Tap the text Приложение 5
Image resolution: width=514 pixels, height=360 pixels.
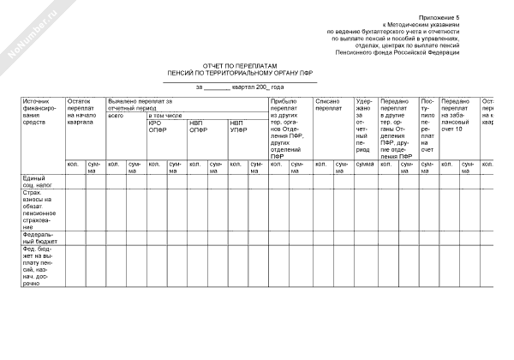pyautogui.click(x=439, y=17)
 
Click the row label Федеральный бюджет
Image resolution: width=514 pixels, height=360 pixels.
pyautogui.click(x=40, y=237)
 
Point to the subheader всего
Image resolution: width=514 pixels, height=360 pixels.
pyautogui.click(x=116, y=114)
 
